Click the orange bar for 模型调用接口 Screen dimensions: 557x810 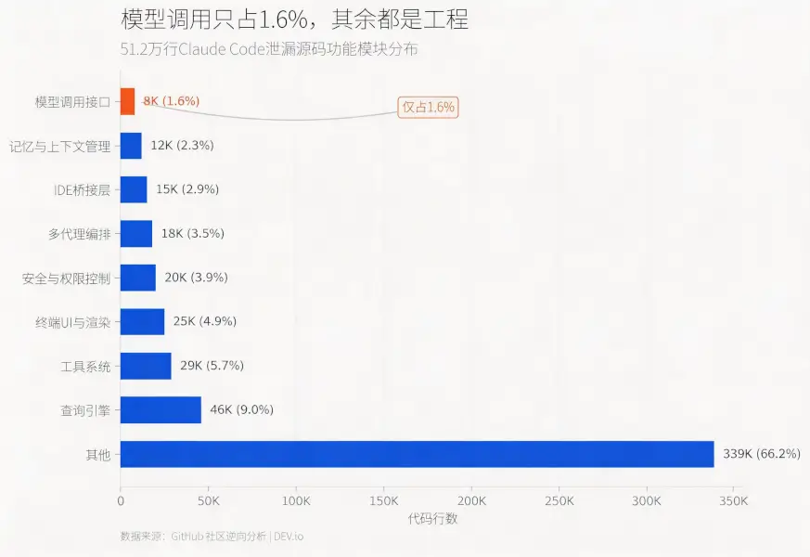[x=127, y=101]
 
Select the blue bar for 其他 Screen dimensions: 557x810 [x=417, y=454]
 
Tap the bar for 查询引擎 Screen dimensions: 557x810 [x=161, y=409]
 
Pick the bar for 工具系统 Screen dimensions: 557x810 [x=146, y=366]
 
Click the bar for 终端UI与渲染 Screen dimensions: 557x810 [x=142, y=321]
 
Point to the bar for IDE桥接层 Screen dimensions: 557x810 [x=134, y=189]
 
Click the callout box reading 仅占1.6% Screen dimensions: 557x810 [x=428, y=107]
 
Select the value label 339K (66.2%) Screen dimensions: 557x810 [x=761, y=454]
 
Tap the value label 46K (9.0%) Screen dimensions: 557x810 [x=241, y=409]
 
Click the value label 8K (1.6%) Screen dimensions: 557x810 [x=171, y=101]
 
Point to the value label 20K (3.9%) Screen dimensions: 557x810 [x=195, y=278]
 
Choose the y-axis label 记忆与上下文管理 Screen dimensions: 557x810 [x=59, y=146]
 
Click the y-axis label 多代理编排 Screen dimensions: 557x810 [x=79, y=234]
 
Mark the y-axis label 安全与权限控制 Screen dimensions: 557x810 [x=66, y=278]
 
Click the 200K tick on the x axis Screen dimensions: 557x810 [x=471, y=501]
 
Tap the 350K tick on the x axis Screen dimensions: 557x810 [x=733, y=501]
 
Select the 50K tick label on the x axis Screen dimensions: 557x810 [x=208, y=501]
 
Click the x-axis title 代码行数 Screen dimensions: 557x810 [x=432, y=519]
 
